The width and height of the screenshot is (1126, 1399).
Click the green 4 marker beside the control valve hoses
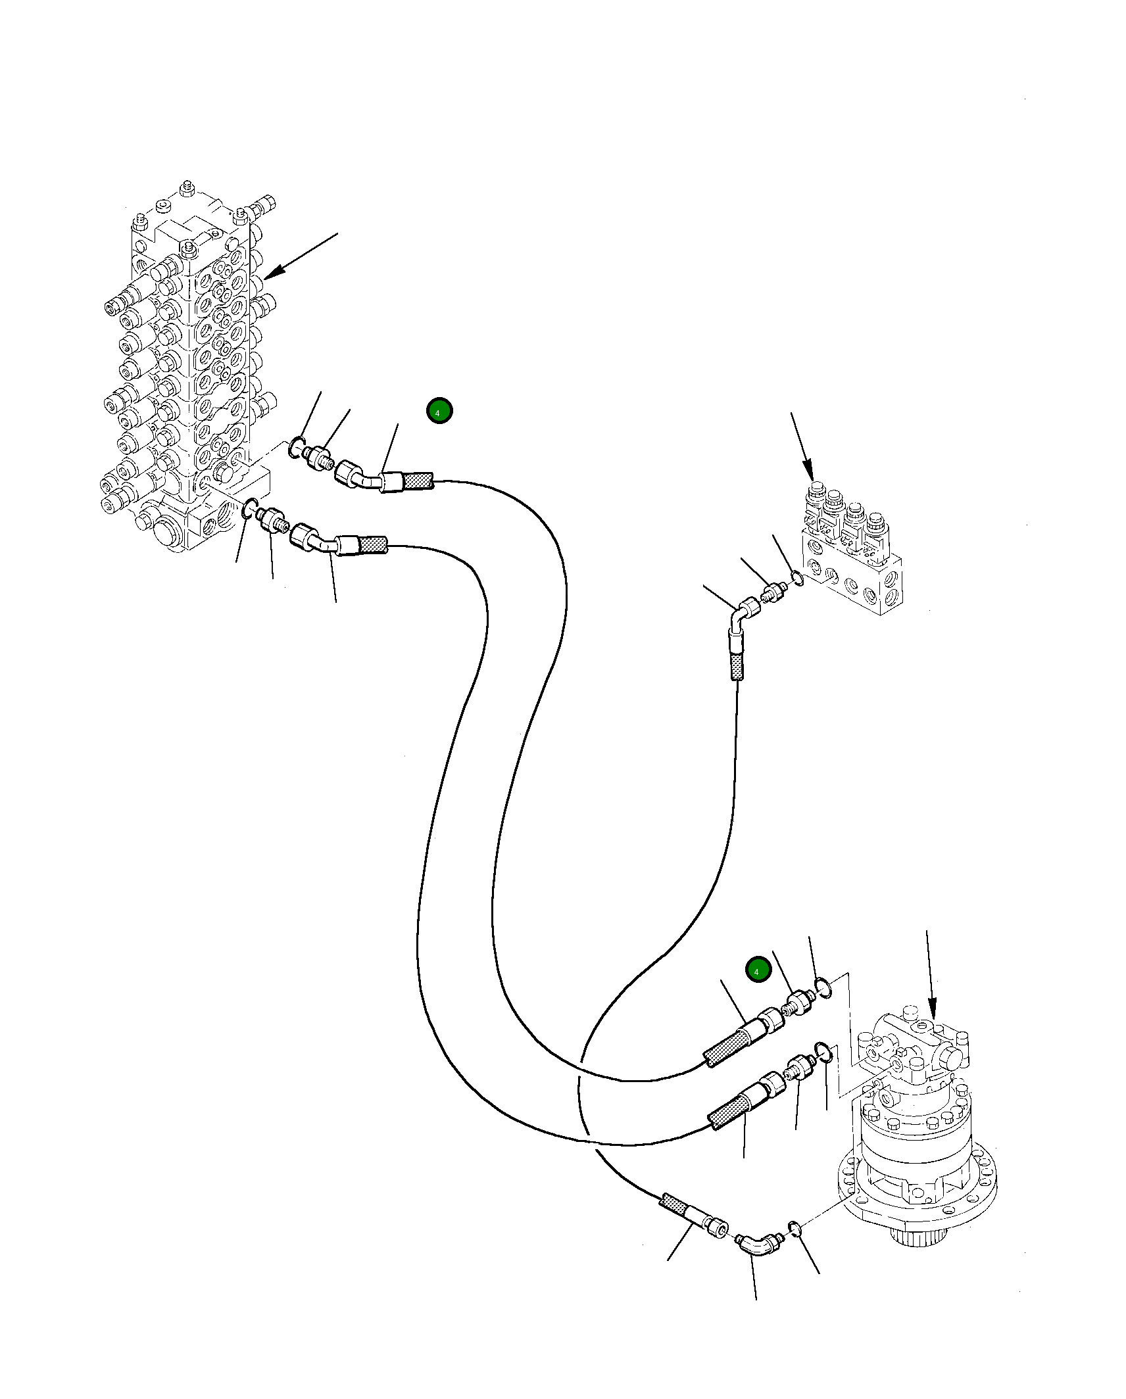point(439,411)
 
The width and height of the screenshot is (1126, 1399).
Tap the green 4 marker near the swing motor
point(758,970)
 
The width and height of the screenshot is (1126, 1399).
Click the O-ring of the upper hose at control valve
point(297,448)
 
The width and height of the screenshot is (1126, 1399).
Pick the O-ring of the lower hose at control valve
point(249,508)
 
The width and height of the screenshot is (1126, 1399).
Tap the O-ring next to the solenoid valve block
point(796,578)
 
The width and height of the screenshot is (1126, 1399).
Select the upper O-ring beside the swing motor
point(823,987)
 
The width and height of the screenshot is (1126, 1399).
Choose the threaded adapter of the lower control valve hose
point(272,521)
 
